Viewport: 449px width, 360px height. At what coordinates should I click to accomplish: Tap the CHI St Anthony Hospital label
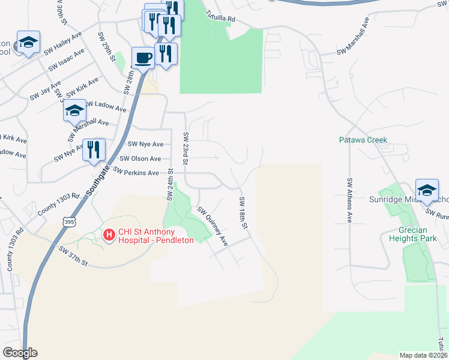coord(155,236)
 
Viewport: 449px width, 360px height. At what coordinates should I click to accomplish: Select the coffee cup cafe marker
coord(142,58)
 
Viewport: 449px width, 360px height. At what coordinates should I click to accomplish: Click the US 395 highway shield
coord(70,223)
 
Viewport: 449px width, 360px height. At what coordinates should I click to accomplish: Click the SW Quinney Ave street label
coord(213,226)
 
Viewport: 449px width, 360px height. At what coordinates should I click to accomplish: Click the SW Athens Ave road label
coord(348,200)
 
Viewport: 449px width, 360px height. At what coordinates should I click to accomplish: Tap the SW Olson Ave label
coord(140,158)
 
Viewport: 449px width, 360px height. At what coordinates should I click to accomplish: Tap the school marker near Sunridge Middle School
coord(427,190)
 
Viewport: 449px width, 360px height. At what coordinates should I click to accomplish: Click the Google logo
coord(20,353)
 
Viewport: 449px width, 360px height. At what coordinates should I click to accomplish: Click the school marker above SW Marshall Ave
coord(75,110)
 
